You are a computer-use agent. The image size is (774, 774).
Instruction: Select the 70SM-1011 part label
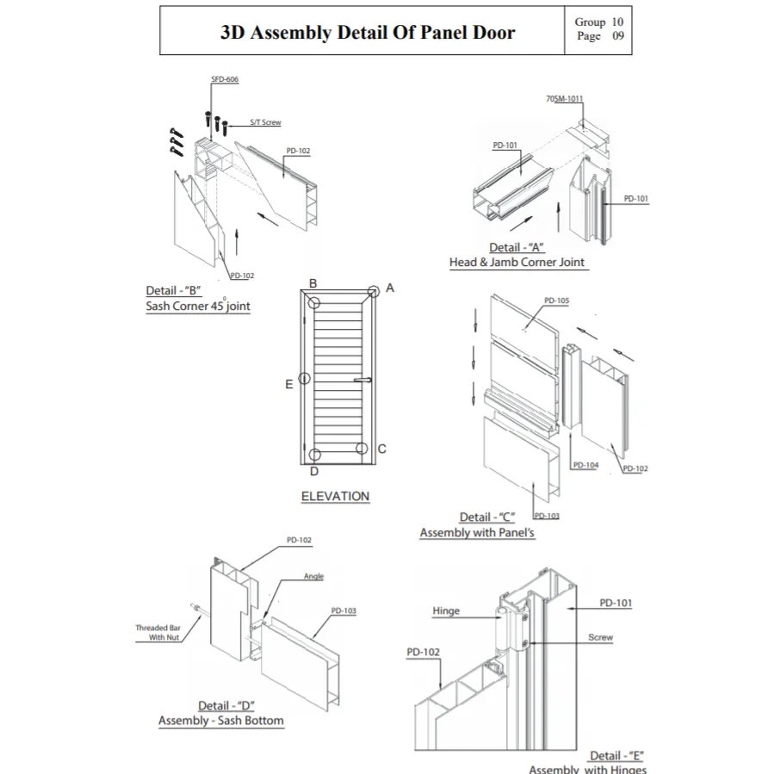coord(564,99)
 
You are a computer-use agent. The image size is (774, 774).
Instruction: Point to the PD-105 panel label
coord(557,301)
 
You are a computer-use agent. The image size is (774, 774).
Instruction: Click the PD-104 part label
coord(585,465)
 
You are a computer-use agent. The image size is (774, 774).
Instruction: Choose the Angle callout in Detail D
coord(313,576)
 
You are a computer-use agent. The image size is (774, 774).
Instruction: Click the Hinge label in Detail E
coord(446,611)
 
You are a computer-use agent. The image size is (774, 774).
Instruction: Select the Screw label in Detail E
coord(600,638)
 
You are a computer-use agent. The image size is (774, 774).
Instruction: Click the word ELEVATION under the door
coord(335,496)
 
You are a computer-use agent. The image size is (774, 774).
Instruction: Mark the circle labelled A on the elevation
coord(373,291)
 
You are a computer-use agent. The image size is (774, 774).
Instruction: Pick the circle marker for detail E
coord(305,379)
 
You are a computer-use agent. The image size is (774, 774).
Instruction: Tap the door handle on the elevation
coord(362,380)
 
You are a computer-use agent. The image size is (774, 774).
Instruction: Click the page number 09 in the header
coord(617,37)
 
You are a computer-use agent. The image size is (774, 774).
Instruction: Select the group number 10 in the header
coord(617,22)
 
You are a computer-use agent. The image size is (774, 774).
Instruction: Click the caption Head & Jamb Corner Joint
coord(517,262)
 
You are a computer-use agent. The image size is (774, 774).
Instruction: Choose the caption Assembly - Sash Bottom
coord(220,721)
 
